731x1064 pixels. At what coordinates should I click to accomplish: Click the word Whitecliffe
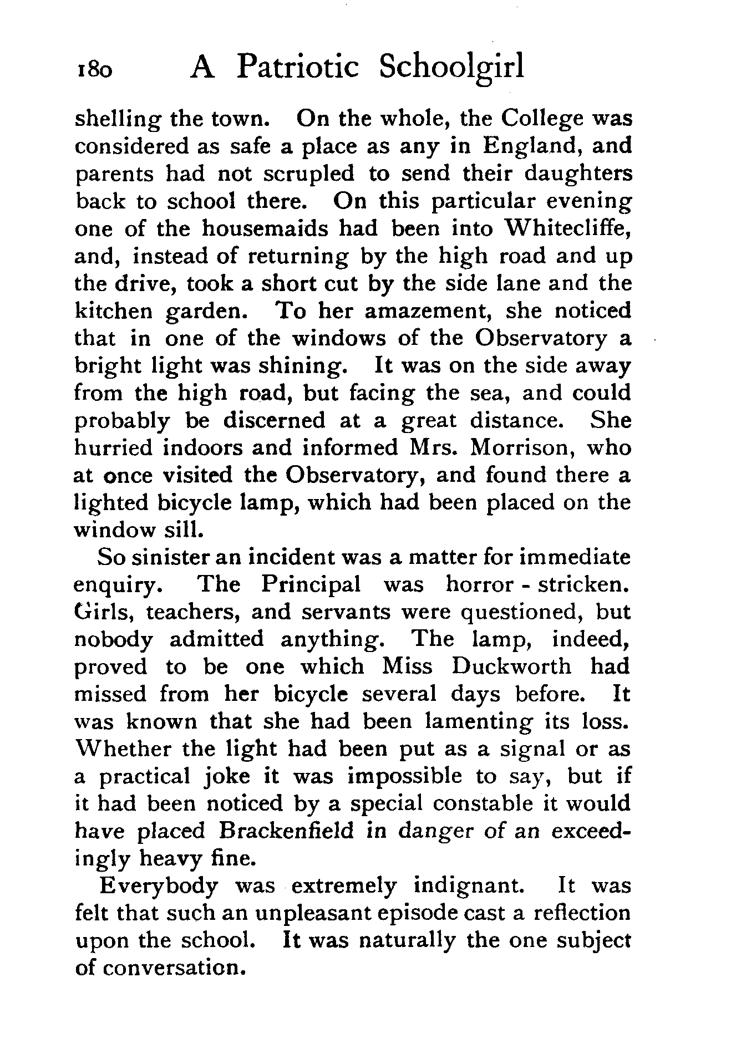tap(566, 228)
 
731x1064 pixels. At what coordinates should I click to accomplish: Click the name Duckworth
tap(511, 666)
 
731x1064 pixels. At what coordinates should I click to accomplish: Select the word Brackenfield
tap(286, 831)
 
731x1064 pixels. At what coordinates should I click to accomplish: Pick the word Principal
tap(311, 584)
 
